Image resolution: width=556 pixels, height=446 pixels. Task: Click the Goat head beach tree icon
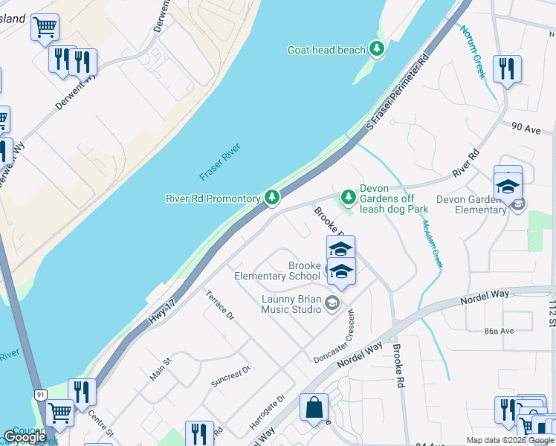coord(378,50)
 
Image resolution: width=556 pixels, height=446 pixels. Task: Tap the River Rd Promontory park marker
coord(273,198)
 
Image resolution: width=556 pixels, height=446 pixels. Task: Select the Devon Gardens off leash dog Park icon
coord(347,197)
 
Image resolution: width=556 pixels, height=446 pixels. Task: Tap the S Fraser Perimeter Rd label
coord(400,94)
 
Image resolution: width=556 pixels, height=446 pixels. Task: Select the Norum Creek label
coord(472,51)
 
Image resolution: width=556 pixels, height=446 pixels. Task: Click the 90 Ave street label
coord(525,127)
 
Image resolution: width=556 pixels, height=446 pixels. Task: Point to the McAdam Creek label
coord(432,244)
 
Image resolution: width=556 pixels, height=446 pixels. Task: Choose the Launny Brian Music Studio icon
coord(332,301)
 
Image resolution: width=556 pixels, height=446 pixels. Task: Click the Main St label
coord(161,369)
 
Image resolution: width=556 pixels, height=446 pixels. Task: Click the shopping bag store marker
coord(314,407)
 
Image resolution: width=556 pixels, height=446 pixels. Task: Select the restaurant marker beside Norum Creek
coord(507,69)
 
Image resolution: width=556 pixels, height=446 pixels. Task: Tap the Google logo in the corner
coord(25,438)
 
